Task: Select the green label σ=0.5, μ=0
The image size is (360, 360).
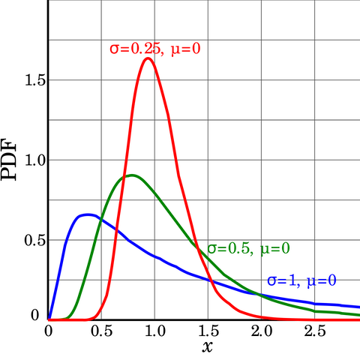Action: [249, 248]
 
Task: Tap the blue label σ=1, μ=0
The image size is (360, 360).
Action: [301, 281]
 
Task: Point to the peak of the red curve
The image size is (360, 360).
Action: [148, 58]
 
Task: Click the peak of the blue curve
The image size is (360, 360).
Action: [88, 214]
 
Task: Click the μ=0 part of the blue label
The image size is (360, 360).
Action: [321, 281]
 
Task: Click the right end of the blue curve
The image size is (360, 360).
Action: [358, 307]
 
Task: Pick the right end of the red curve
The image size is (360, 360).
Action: [358, 319]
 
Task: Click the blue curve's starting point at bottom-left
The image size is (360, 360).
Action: [49, 319]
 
